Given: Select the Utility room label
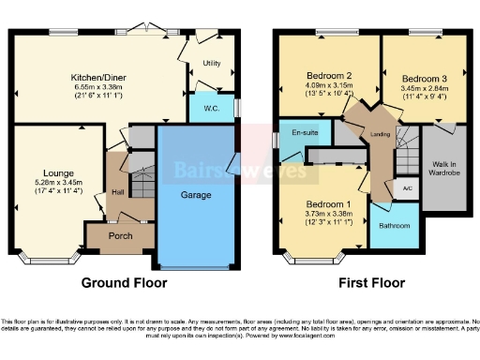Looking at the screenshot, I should (x=211, y=64).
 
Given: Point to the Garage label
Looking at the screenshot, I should (x=196, y=196).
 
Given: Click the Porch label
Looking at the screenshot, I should (x=121, y=235).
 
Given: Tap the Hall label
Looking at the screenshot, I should (x=118, y=191).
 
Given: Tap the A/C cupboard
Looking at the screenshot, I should (x=406, y=188).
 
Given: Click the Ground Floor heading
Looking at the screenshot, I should (x=124, y=281).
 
